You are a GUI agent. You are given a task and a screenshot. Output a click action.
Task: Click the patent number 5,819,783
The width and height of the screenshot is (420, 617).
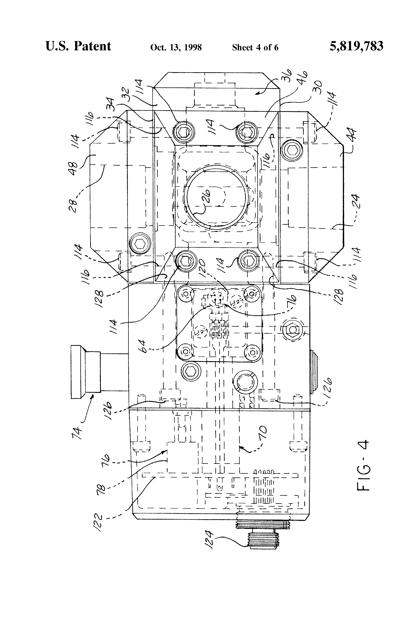pyautogui.click(x=356, y=46)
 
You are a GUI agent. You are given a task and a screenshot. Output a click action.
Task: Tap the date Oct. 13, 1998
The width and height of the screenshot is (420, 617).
pyautogui.click(x=176, y=47)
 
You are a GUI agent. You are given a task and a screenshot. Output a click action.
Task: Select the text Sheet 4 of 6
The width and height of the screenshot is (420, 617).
pyautogui.click(x=255, y=47)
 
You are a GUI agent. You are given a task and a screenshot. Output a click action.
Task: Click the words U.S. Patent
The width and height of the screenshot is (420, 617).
pyautogui.click(x=78, y=46)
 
